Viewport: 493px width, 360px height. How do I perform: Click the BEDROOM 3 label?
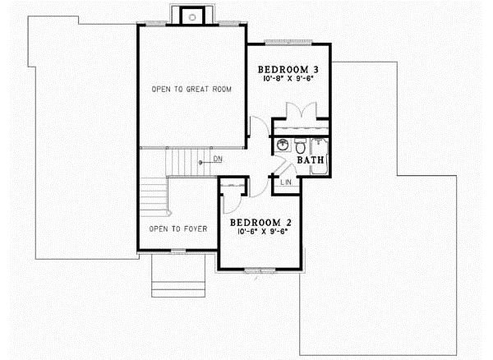click(288, 69)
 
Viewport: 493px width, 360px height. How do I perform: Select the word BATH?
click(310, 161)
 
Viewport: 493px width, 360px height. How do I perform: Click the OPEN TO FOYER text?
click(177, 228)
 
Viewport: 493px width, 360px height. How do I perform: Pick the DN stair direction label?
click(218, 159)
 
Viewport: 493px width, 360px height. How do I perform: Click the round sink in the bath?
click(282, 145)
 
